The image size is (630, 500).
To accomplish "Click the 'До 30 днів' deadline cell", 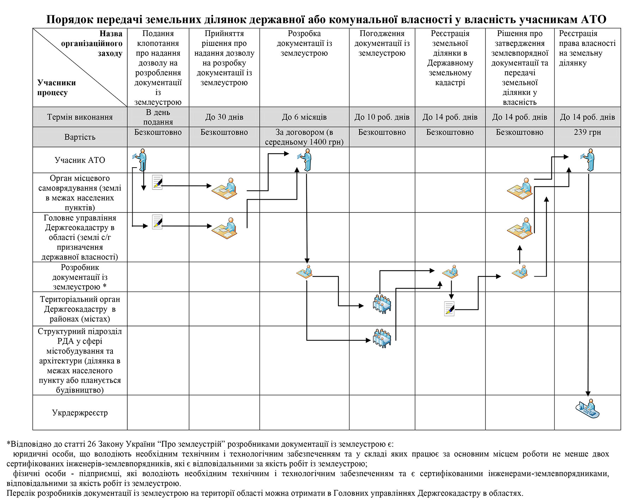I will click(x=224, y=117).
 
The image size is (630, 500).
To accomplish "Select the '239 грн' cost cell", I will click(x=587, y=132).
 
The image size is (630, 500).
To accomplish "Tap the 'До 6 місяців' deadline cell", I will click(x=304, y=117).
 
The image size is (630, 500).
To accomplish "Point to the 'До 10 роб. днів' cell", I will click(x=382, y=117).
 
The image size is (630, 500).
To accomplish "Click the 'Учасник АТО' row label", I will click(x=80, y=160).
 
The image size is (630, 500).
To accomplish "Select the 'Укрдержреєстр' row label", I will click(x=80, y=413).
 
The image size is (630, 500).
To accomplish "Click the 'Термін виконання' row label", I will click(x=80, y=117).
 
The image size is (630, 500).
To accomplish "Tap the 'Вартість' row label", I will click(x=80, y=137).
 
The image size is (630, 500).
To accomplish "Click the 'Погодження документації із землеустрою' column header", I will click(x=382, y=43).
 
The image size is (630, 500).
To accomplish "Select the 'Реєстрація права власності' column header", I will click(x=587, y=48).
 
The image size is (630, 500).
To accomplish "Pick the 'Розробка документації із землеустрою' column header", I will click(x=304, y=43).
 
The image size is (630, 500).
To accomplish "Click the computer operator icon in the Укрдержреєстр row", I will click(x=587, y=409).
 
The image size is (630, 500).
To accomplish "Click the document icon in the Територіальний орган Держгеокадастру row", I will click(x=449, y=309).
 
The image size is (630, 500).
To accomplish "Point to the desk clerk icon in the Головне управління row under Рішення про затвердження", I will click(x=520, y=228).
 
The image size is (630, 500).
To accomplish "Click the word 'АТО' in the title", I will click(x=593, y=19).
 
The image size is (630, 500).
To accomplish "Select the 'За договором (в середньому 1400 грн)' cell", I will click(x=304, y=137).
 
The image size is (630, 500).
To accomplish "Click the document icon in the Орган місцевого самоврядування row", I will click(x=157, y=182).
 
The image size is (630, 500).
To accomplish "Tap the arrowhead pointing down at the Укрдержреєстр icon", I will click(x=588, y=393).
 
